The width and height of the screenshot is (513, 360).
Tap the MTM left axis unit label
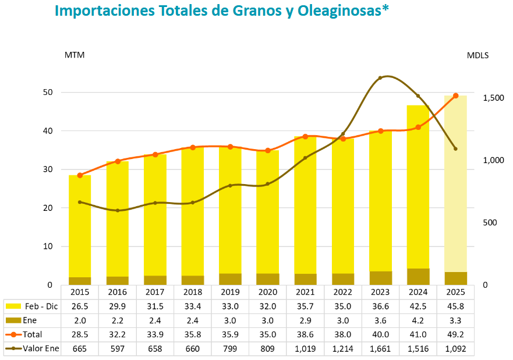pos(74,55)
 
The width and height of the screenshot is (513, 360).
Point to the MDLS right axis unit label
pos(477,55)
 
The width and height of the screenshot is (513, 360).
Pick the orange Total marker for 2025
pos(456,96)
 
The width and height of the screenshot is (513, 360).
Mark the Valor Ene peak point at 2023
pos(380,77)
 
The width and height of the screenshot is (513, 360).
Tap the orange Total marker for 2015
pos(80,175)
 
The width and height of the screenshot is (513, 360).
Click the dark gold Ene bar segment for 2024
pos(418,277)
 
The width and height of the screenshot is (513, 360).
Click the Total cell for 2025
pos(455,334)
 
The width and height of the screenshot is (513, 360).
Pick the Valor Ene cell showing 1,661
pos(380,348)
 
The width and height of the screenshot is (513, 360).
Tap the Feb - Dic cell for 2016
pos(117,306)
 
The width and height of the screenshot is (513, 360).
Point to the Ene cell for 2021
pos(305,320)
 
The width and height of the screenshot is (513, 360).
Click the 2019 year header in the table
pos(230,292)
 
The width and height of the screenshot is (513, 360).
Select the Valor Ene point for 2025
pos(455,149)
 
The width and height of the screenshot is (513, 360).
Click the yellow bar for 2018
pos(193,210)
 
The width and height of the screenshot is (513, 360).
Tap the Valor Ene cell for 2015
pos(80,348)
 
